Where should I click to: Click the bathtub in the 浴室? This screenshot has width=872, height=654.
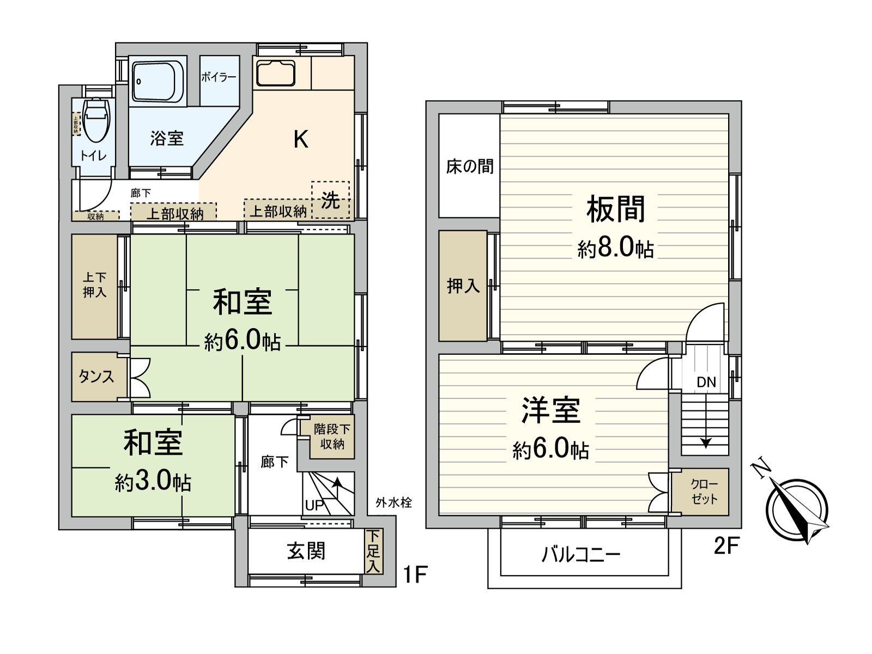tap(158, 82)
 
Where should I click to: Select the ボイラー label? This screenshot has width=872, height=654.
tap(219, 77)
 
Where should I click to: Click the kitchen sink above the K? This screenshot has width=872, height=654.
tap(276, 73)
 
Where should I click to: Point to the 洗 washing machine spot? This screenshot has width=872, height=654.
tap(330, 201)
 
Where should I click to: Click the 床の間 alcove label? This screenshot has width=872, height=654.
tap(469, 166)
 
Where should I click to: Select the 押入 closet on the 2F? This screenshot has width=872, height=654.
tap(463, 286)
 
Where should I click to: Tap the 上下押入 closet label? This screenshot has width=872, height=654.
tap(95, 285)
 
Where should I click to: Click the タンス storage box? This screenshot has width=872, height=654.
tap(96, 377)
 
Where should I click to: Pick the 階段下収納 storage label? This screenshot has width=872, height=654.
tap(332, 437)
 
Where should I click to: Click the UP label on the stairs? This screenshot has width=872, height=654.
tap(314, 505)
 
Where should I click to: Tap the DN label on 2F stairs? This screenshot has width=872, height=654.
tap(706, 382)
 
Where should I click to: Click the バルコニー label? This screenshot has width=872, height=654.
tap(581, 555)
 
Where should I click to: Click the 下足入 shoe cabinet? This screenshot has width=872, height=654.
tap(373, 551)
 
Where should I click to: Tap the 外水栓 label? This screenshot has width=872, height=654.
tap(393, 502)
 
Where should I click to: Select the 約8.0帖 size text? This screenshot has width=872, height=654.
tap(616, 249)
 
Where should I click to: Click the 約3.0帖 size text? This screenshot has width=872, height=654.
tap(153, 482)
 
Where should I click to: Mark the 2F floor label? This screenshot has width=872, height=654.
tap(726, 546)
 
